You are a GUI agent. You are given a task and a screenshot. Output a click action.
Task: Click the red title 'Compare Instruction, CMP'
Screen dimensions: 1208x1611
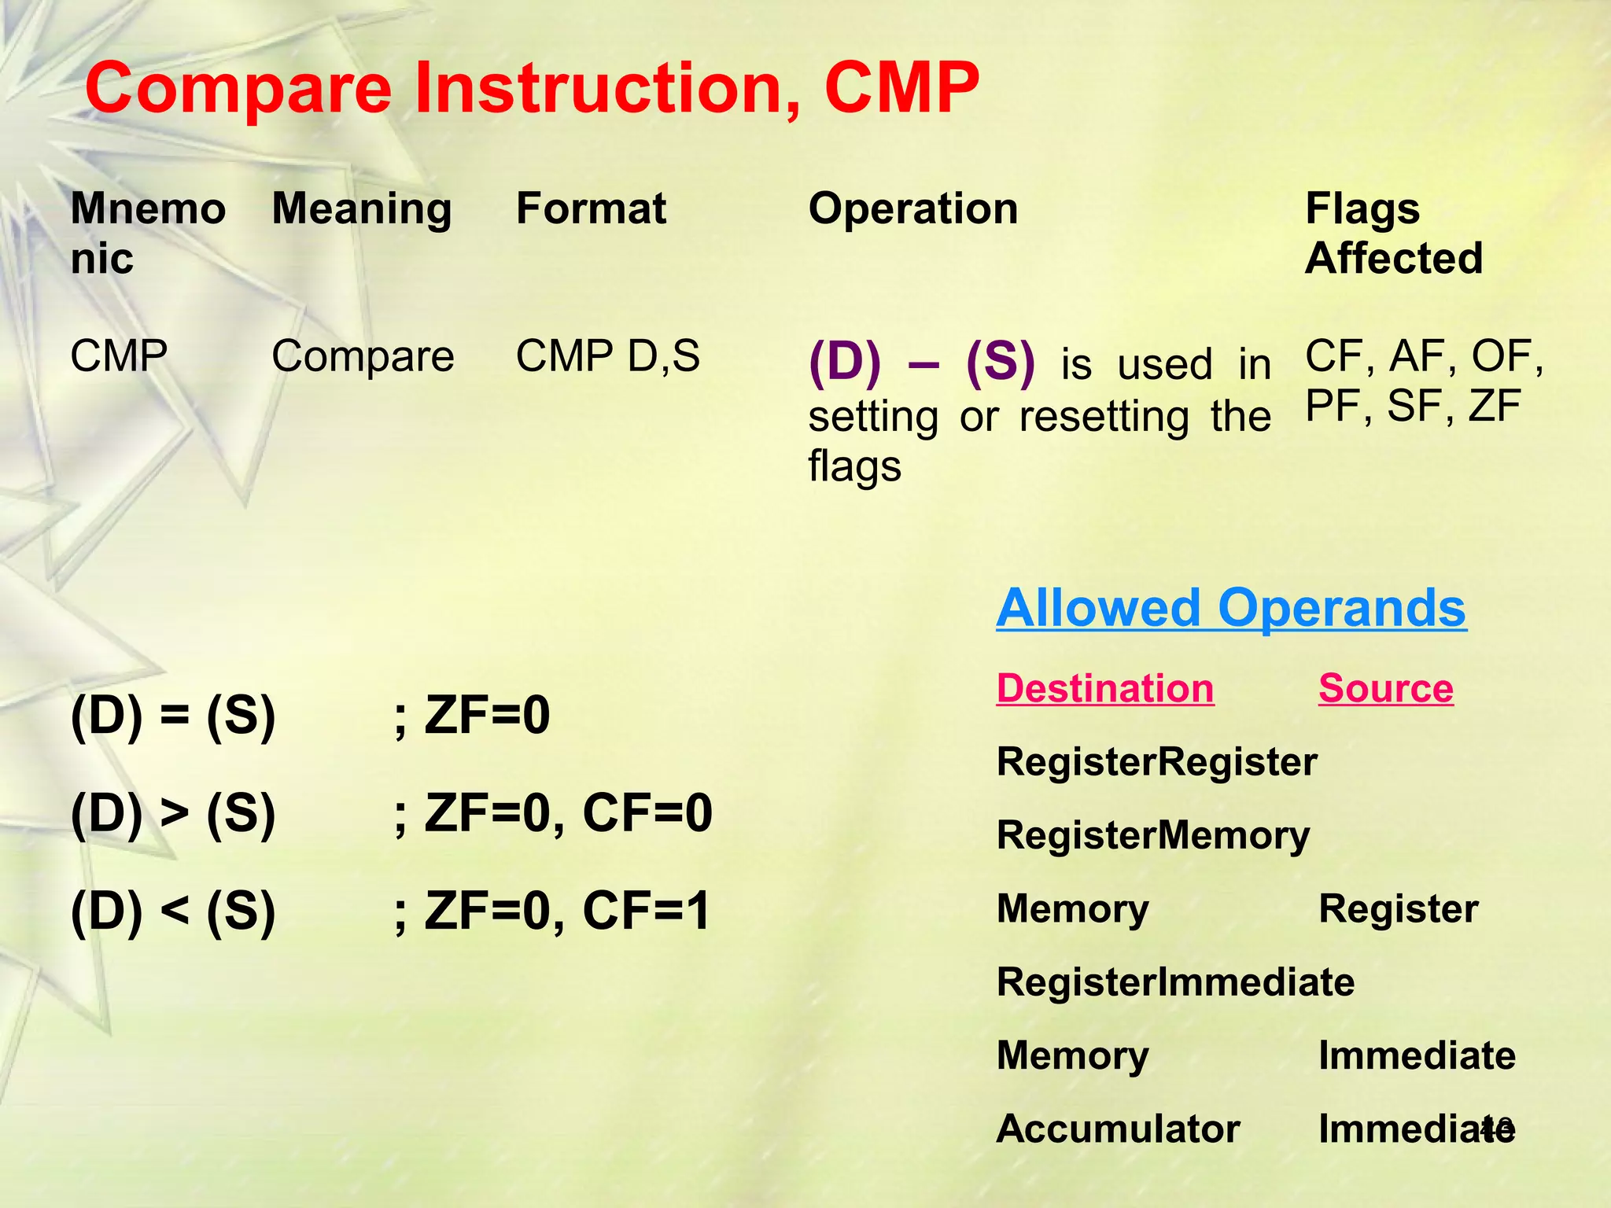pyautogui.click(x=532, y=88)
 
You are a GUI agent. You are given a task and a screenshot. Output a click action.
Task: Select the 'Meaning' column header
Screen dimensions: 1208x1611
pyautogui.click(x=362, y=209)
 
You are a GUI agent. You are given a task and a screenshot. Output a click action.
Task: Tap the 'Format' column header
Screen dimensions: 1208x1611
pyautogui.click(x=591, y=209)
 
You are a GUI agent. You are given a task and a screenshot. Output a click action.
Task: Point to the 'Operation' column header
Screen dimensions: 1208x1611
pyautogui.click(x=913, y=209)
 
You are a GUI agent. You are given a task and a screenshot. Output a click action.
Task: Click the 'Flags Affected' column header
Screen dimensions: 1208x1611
pyautogui.click(x=1393, y=234)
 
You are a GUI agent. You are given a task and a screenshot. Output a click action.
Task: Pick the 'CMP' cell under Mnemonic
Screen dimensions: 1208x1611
pyautogui.click(x=119, y=356)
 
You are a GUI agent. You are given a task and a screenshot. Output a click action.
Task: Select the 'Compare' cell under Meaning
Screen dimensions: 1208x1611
pyautogui.click(x=363, y=356)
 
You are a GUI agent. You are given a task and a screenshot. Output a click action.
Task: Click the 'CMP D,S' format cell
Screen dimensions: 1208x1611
pyautogui.click(x=607, y=356)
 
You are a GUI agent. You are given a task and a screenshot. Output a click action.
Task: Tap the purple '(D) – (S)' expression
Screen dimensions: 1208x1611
pyautogui.click(x=921, y=363)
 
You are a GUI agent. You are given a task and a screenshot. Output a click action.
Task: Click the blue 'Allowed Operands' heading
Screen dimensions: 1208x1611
pyautogui.click(x=1231, y=608)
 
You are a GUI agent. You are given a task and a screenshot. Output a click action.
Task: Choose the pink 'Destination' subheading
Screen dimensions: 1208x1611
pyautogui.click(x=1105, y=688)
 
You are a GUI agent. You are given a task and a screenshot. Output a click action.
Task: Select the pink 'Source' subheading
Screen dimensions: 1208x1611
pyautogui.click(x=1386, y=688)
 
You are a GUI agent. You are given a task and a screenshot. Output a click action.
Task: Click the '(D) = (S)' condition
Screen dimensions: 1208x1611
pyautogui.click(x=173, y=716)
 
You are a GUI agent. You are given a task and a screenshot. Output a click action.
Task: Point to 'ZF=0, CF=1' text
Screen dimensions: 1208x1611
pyautogui.click(x=566, y=911)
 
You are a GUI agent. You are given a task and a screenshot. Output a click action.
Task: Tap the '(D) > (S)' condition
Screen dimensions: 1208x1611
pyautogui.click(x=173, y=813)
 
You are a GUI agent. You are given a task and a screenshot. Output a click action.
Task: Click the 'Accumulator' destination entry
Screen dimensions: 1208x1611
pyautogui.click(x=1118, y=1129)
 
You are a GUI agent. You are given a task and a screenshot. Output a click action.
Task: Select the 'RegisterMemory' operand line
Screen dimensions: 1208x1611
pyautogui.click(x=1153, y=835)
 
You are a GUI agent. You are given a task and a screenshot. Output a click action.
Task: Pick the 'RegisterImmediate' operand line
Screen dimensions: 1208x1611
pyautogui.click(x=1175, y=981)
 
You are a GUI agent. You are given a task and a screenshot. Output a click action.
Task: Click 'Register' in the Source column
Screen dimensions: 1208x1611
pyautogui.click(x=1399, y=908)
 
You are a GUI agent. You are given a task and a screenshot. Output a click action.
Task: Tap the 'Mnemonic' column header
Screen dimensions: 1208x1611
pyautogui.click(x=148, y=234)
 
